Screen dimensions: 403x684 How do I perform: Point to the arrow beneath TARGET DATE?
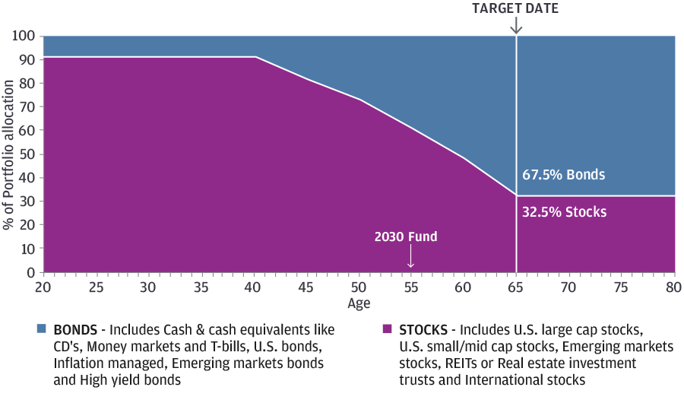pos(517,25)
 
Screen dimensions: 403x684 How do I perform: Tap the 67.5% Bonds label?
pos(563,175)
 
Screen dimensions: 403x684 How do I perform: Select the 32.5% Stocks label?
pos(564,212)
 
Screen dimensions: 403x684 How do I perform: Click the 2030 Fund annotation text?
pos(406,236)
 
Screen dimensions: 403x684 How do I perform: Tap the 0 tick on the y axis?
pos(31,272)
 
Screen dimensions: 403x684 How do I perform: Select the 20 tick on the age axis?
pos(43,287)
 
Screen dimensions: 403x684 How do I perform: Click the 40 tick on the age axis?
pos(254,287)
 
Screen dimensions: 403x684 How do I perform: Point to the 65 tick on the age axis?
pos(517,287)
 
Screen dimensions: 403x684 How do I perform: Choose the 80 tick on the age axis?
pos(674,287)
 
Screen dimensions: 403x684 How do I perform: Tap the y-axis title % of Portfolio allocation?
pos(8,154)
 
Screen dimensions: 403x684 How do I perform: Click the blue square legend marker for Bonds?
pos(42,329)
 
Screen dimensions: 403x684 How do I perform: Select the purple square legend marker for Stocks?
pos(386,329)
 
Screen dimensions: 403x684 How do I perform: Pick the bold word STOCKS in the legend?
pos(420,330)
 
